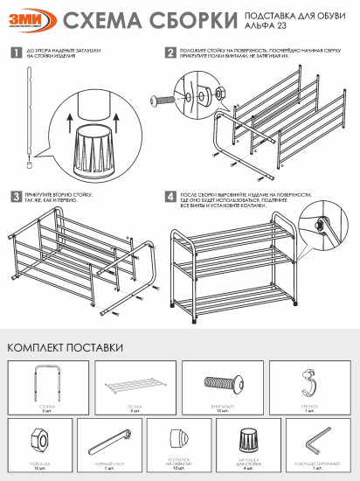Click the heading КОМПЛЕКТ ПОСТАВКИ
[65, 347]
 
